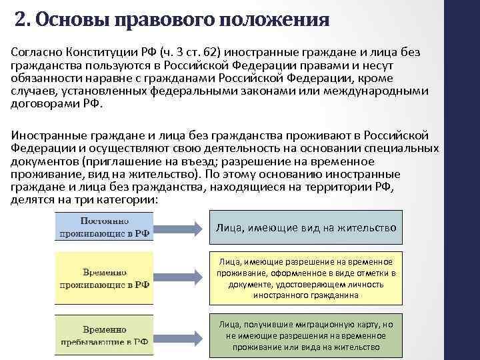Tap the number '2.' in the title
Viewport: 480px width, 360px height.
click(23, 19)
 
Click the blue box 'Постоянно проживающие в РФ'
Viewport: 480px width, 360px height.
click(105, 227)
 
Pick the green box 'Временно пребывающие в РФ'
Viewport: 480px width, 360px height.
click(105, 335)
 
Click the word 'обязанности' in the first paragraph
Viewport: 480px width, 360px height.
click(43, 79)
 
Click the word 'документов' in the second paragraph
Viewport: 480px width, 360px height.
click(43, 162)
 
